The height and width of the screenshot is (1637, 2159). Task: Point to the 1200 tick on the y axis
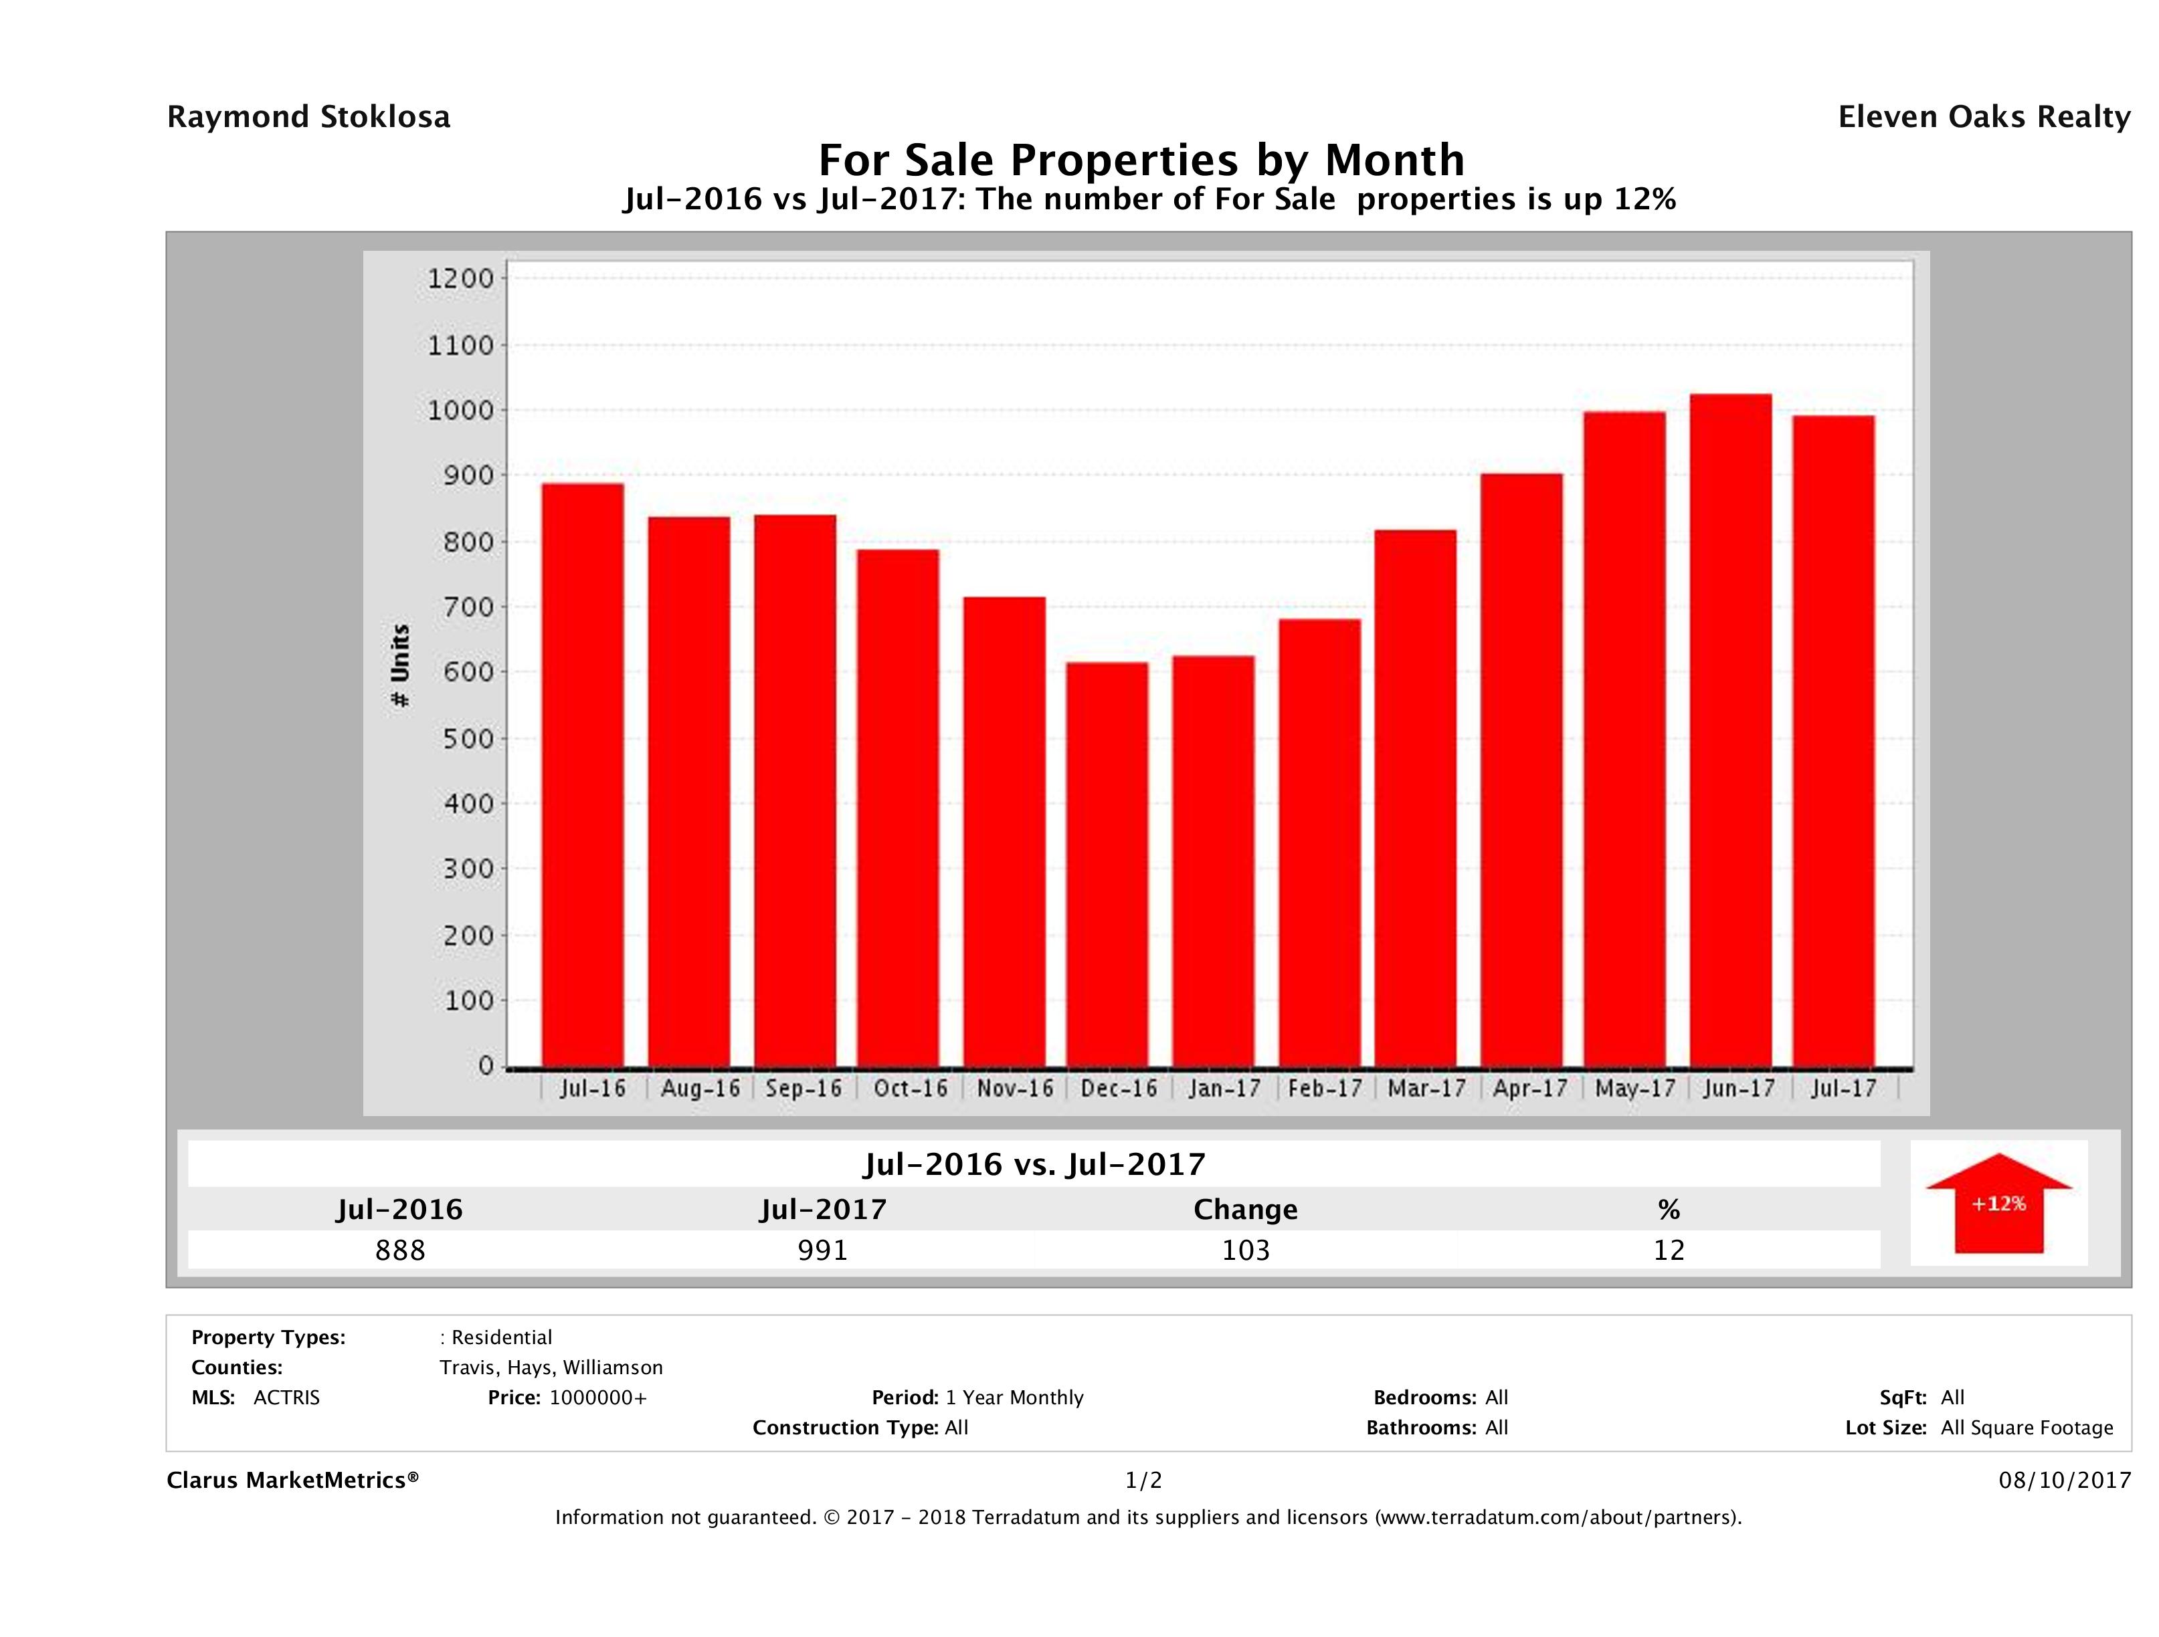461,279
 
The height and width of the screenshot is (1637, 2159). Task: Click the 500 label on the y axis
461,738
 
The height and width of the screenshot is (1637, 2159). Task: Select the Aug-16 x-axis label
700,1088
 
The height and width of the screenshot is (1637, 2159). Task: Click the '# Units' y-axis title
400,665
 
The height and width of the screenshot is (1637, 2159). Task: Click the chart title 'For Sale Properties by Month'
1141,159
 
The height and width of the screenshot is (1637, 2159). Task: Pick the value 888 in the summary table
400,1250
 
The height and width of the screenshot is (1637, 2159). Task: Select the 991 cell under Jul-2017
823,1250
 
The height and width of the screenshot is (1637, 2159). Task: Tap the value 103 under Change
1246,1250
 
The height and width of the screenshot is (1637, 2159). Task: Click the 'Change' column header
1246,1210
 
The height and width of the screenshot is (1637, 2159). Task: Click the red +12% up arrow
1998,1203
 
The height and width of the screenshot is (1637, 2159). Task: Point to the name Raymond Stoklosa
308,117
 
